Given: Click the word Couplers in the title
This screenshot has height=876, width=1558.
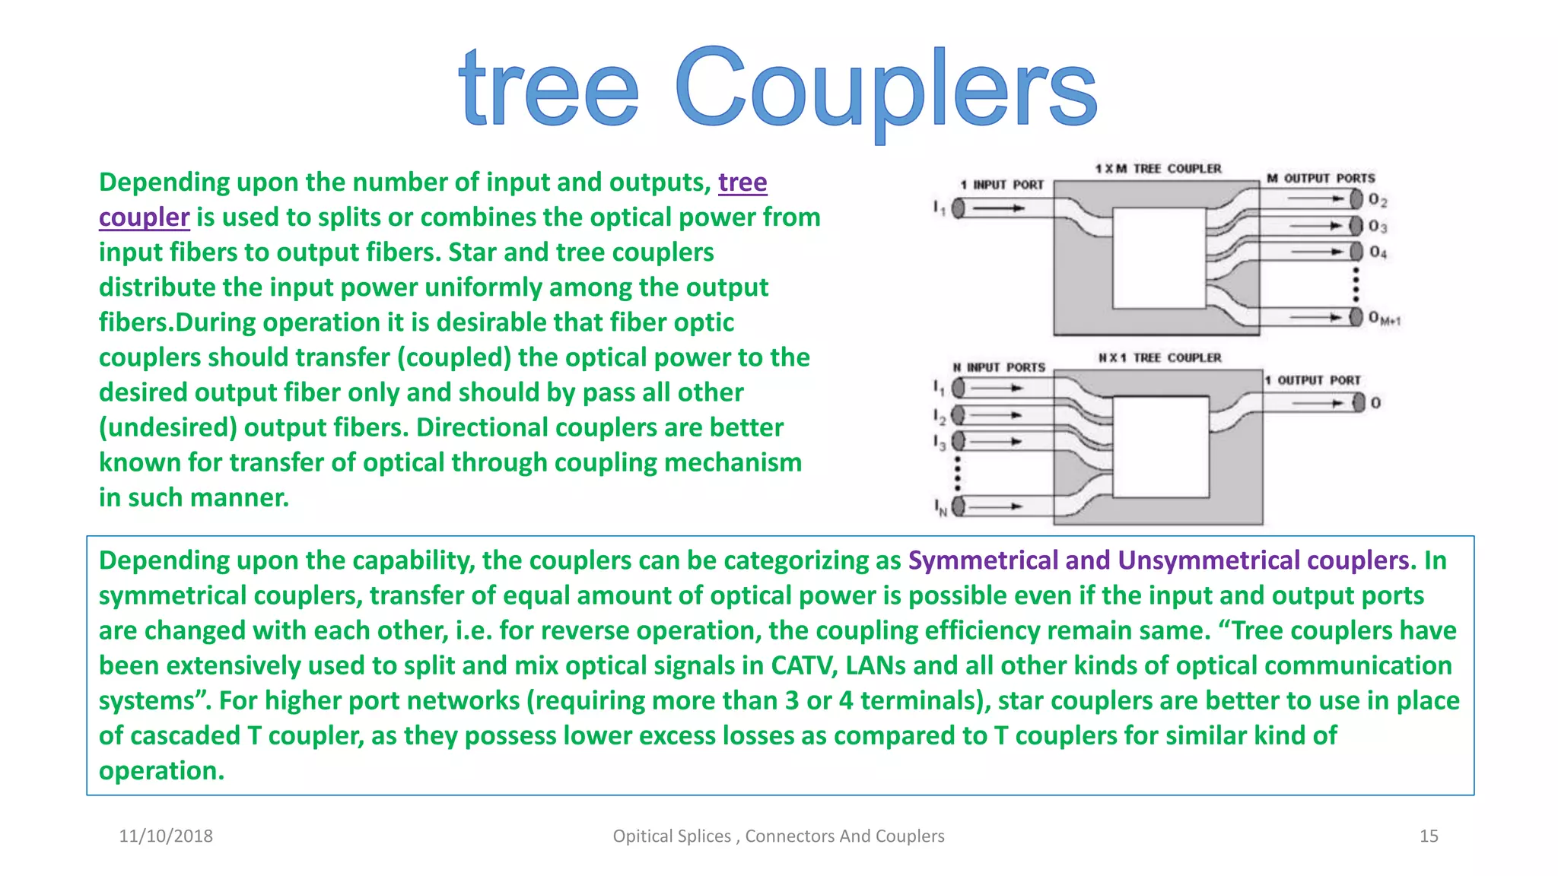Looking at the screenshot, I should point(886,90).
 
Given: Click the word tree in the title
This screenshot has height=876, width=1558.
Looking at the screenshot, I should point(548,90).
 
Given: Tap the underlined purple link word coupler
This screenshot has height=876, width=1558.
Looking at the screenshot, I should point(144,217).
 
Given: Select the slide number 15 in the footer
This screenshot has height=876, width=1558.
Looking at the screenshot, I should point(1429,836).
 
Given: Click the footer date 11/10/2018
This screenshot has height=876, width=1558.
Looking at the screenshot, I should point(166,836).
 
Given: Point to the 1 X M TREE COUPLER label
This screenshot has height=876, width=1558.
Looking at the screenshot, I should point(1158,168).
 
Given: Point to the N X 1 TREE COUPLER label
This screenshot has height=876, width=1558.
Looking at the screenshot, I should point(1159,357).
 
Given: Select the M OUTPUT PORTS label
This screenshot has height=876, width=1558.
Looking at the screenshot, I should point(1321,178).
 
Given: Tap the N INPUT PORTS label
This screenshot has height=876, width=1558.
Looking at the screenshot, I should point(999,367).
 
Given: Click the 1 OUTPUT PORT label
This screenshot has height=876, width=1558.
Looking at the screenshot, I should point(1312,380).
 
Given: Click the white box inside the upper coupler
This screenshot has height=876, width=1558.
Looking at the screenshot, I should point(1159,258).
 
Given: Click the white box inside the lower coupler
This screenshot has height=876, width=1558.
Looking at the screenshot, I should point(1160,446).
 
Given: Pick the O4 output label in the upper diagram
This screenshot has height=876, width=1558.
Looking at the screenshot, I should point(1378,252).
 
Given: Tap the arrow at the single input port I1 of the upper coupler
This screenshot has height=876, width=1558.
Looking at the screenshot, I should point(998,208).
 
